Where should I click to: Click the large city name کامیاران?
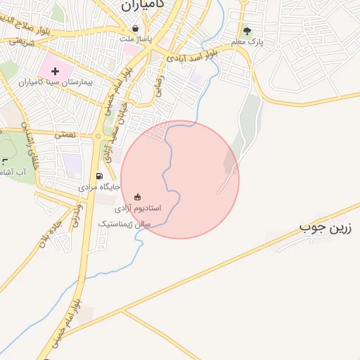[x=147, y=5]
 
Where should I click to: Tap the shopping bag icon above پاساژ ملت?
[x=135, y=28]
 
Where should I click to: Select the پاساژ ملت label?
[x=135, y=39]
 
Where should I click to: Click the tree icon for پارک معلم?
[x=247, y=31]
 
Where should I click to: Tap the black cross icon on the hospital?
[x=55, y=72]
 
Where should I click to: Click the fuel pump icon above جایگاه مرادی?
[x=99, y=176]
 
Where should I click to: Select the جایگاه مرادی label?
[x=100, y=187]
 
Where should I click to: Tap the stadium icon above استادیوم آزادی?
[x=137, y=197]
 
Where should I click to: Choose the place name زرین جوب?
[x=326, y=228]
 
